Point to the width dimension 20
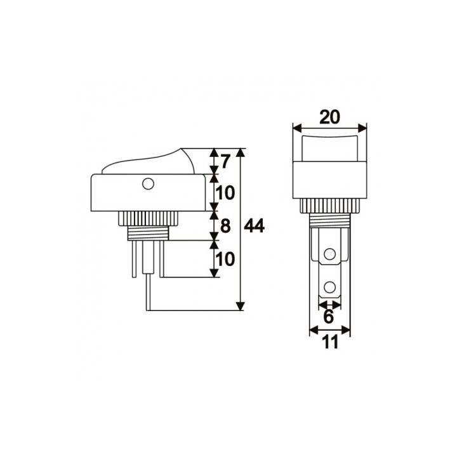(x=329, y=117)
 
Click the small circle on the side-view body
(x=148, y=185)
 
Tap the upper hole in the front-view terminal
(x=329, y=255)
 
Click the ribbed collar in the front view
(x=329, y=206)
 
